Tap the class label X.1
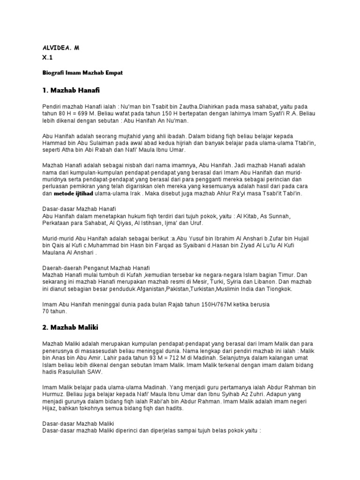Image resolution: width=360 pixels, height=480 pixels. click(47, 58)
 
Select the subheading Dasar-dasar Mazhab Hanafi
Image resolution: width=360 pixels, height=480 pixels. click(79, 208)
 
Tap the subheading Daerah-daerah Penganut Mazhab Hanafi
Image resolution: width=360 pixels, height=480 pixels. click(96, 266)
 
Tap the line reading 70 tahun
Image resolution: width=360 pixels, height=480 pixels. click(55, 311)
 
